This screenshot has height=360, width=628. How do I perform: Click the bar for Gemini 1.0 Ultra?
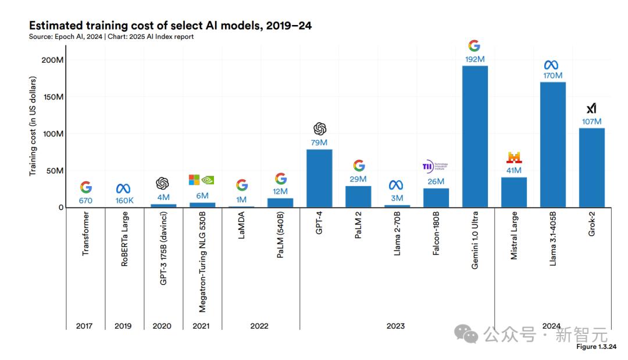(474, 137)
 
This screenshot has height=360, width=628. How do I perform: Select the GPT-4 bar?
(319, 179)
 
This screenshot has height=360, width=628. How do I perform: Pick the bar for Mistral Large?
(513, 193)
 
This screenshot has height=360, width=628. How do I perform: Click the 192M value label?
(474, 59)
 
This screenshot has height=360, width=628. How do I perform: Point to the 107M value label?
(591, 122)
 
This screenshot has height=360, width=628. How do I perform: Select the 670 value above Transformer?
(85, 201)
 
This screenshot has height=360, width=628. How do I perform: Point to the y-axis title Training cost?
(33, 126)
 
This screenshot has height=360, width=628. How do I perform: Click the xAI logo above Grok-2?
(591, 108)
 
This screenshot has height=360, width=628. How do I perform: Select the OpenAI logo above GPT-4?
(320, 129)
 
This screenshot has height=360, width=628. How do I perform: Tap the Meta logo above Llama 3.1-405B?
(552, 65)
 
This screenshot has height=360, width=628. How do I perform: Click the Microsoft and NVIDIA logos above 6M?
(202, 180)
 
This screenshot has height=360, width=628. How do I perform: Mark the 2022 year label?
(259, 326)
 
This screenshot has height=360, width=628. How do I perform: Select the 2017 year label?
(84, 326)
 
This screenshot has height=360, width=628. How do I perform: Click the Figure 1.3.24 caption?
(595, 347)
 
